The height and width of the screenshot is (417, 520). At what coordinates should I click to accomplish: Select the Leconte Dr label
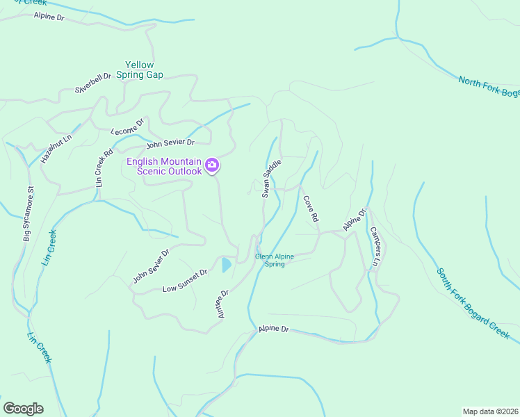tap(127, 126)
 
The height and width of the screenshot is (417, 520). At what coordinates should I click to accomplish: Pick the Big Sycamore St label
tap(27, 214)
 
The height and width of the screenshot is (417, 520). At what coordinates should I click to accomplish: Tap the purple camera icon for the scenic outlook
tap(212, 166)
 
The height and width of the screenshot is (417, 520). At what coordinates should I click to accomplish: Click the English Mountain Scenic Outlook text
tap(164, 167)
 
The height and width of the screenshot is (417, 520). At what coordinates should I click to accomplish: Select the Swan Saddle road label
tap(271, 179)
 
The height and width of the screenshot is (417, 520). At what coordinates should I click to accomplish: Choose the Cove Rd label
tap(311, 208)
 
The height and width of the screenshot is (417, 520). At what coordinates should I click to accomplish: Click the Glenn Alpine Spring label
tap(274, 260)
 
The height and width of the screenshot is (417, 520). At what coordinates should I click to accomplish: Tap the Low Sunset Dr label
tap(185, 279)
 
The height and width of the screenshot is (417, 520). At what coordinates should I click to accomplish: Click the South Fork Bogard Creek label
tap(473, 303)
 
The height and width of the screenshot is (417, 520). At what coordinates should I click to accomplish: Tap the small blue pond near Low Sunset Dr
tap(226, 265)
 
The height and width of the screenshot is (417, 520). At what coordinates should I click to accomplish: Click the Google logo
tap(23, 408)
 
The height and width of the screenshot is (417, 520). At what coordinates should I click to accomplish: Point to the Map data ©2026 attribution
tap(490, 411)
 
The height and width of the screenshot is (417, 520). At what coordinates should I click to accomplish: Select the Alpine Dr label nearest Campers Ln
tap(354, 220)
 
